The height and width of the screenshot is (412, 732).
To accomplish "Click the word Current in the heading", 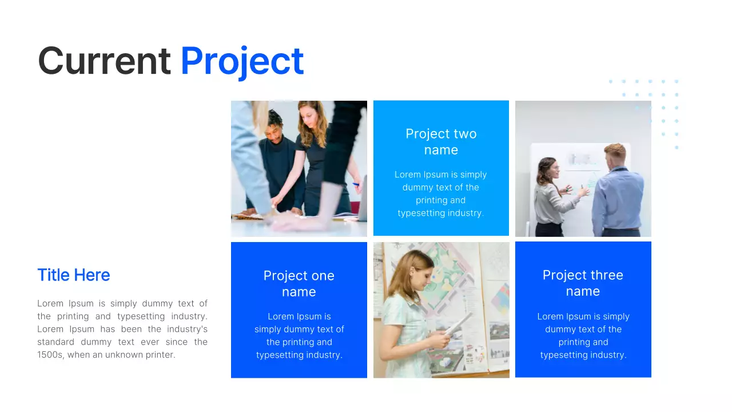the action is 104,61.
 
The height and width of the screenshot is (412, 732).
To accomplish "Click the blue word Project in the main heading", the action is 242,62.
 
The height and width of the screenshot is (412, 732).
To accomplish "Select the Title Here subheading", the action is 74,275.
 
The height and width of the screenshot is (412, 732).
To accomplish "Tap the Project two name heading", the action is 441,142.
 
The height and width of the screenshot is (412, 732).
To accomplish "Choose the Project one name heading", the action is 299,283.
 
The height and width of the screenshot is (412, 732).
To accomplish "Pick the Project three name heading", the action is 583,283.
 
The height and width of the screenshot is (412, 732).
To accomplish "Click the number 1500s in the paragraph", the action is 50,355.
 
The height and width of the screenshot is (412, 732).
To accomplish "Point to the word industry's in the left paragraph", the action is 187,329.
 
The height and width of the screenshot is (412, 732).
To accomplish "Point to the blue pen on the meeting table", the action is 356,184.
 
